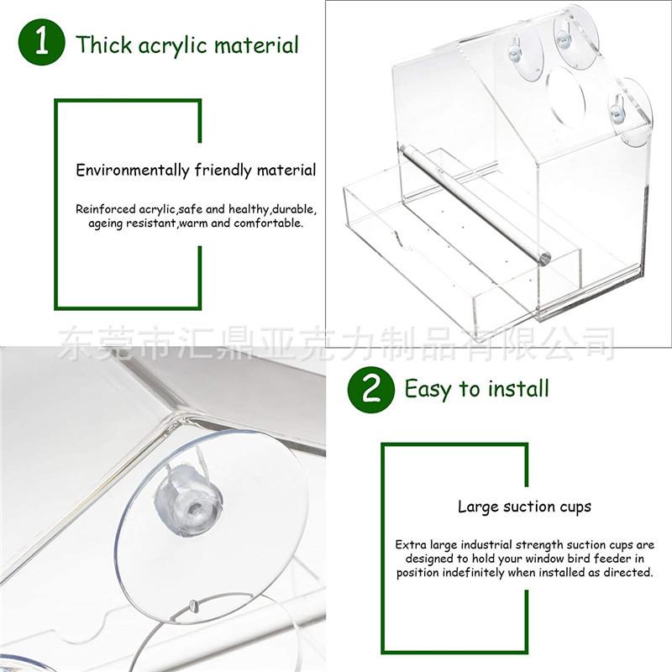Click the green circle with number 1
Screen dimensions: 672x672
pyautogui.click(x=41, y=42)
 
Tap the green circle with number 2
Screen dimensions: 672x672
pyautogui.click(x=370, y=389)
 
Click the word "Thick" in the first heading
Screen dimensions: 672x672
pyautogui.click(x=103, y=45)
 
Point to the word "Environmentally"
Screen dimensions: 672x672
pyautogui.click(x=133, y=171)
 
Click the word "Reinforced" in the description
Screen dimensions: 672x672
pyautogui.click(x=106, y=209)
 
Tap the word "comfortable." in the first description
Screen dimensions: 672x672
pyautogui.click(x=268, y=223)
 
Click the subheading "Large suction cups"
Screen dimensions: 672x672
pyautogui.click(x=524, y=507)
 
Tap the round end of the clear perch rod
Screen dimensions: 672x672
pyautogui.click(x=544, y=258)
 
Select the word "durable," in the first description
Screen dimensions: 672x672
pyautogui.click(x=295, y=209)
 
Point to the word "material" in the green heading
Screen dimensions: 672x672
pyautogui.click(x=256, y=45)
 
